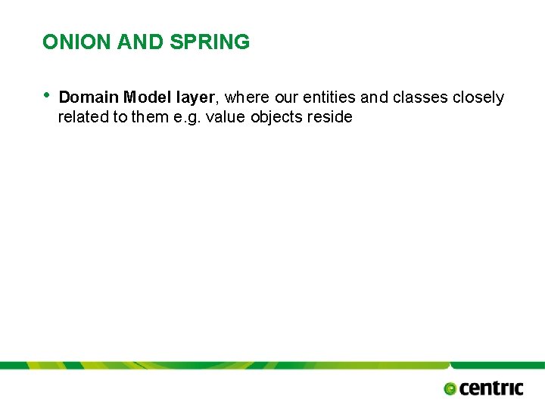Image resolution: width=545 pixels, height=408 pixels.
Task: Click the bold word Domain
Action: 88,97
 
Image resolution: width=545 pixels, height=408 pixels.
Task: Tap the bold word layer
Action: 195,98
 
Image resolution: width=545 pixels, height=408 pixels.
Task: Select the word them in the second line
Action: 150,117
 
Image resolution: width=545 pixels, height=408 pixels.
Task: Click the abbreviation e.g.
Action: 188,118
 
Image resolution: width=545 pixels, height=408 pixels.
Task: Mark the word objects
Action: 277,118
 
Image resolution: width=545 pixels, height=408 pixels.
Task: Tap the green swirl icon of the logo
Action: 450,388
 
